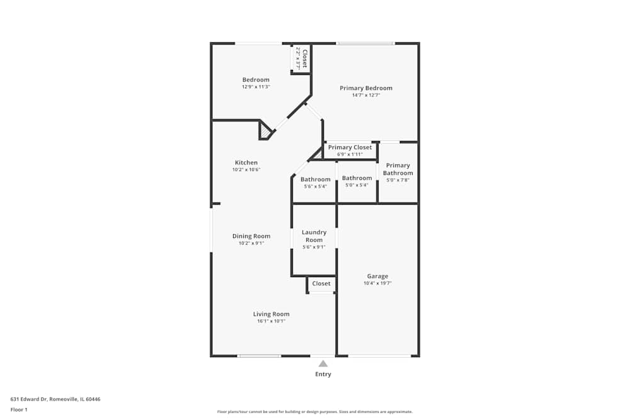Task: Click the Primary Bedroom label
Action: tap(366, 88)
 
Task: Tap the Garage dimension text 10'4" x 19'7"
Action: tap(377, 283)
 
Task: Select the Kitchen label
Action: tap(246, 162)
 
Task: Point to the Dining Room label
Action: tap(251, 236)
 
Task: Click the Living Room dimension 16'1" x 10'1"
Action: tap(271, 321)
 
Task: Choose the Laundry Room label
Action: tap(314, 236)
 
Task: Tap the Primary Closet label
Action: tap(350, 147)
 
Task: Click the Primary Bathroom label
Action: tap(398, 169)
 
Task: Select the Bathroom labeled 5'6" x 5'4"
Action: tap(315, 179)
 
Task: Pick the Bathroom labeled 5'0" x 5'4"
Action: tap(357, 178)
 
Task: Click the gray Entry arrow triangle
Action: tap(323, 363)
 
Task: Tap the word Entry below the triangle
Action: tap(323, 374)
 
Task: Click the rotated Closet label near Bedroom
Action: tap(304, 58)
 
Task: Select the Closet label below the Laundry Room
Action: tap(321, 283)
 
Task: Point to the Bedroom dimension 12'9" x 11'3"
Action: tap(256, 87)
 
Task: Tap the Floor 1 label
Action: tap(19, 409)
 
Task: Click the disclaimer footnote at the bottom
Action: tap(315, 412)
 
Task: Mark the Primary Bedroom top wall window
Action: tap(365, 43)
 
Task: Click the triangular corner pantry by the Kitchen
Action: tap(265, 130)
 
